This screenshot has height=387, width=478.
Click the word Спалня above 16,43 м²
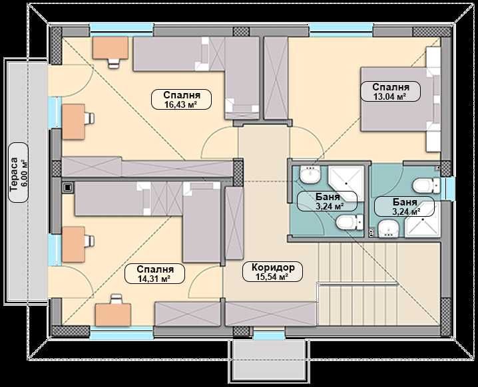point(182,94)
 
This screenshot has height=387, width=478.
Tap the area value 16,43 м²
point(182,104)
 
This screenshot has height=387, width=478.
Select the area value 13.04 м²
point(386,96)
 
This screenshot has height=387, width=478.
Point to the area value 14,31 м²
point(155,279)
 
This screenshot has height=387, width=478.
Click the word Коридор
point(273,269)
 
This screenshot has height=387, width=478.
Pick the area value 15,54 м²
point(273,279)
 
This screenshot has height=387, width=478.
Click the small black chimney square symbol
point(67,188)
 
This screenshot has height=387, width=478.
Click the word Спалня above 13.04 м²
point(386,87)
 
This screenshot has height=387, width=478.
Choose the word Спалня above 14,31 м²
point(155,269)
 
